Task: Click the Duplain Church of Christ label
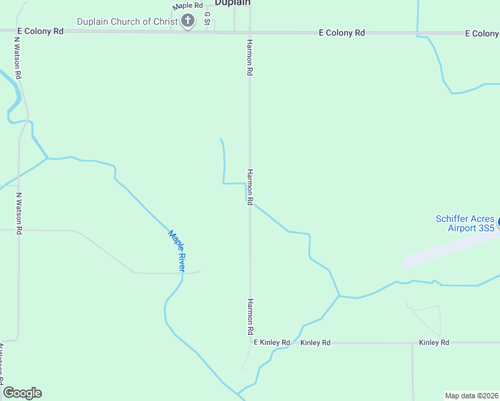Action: click(x=128, y=21)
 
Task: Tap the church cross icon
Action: click(x=188, y=21)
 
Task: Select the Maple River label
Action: click(x=176, y=251)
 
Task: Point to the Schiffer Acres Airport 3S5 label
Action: click(x=465, y=223)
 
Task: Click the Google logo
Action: click(x=22, y=393)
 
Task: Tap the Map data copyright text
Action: click(x=471, y=395)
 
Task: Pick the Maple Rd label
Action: click(x=187, y=6)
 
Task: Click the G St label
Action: click(x=207, y=18)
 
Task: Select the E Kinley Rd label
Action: click(x=272, y=342)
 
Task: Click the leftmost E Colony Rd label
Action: click(x=40, y=31)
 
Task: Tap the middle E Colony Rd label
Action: click(x=342, y=32)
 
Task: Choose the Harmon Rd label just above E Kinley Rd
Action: click(x=250, y=317)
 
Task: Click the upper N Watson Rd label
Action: click(x=18, y=56)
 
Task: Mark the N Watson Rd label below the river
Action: click(x=19, y=213)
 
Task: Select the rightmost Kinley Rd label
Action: click(x=434, y=342)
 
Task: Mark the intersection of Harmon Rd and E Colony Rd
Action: click(x=250, y=31)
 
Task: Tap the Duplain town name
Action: click(x=233, y=3)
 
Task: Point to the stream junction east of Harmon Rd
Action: click(x=340, y=295)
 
